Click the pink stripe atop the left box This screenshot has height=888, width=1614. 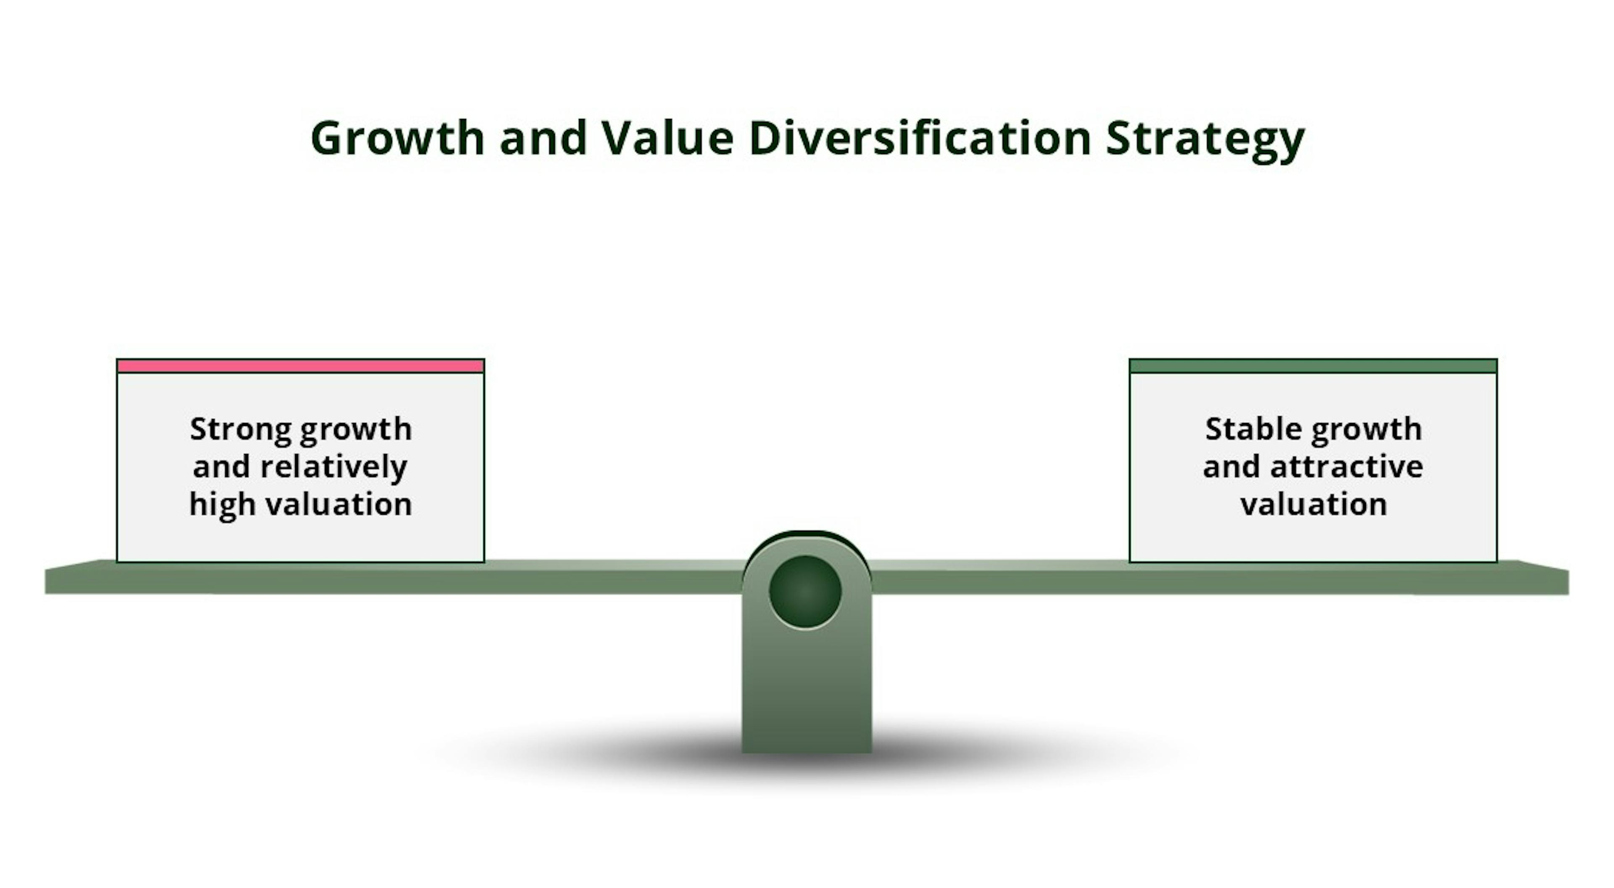[300, 366]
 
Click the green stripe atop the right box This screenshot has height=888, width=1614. [1313, 366]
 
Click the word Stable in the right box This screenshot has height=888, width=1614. [1253, 429]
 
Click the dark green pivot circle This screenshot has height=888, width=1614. [805, 592]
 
